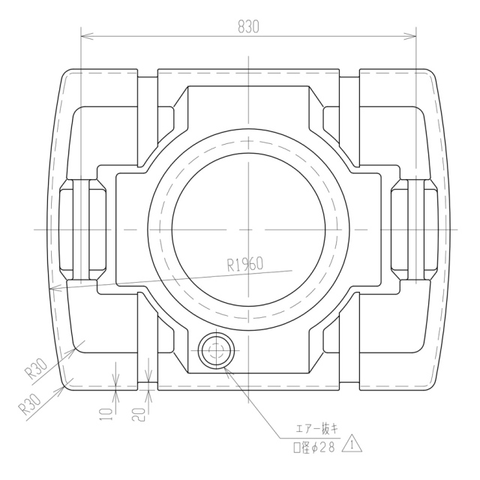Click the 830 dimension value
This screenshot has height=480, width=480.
click(248, 27)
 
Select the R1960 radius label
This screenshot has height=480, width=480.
click(245, 264)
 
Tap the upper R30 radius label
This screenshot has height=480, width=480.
click(36, 368)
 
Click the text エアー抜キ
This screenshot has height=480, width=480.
click(317, 429)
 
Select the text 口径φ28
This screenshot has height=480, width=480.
click(313, 448)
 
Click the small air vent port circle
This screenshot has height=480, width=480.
click(217, 350)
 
